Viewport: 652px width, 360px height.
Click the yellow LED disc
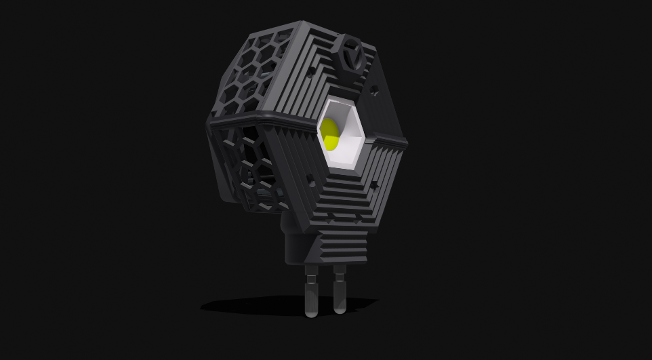330,134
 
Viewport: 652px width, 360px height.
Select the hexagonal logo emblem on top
352,58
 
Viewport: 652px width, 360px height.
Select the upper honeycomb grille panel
251,75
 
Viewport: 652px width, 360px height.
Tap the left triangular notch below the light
330,219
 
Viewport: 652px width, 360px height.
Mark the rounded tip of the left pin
311,313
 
